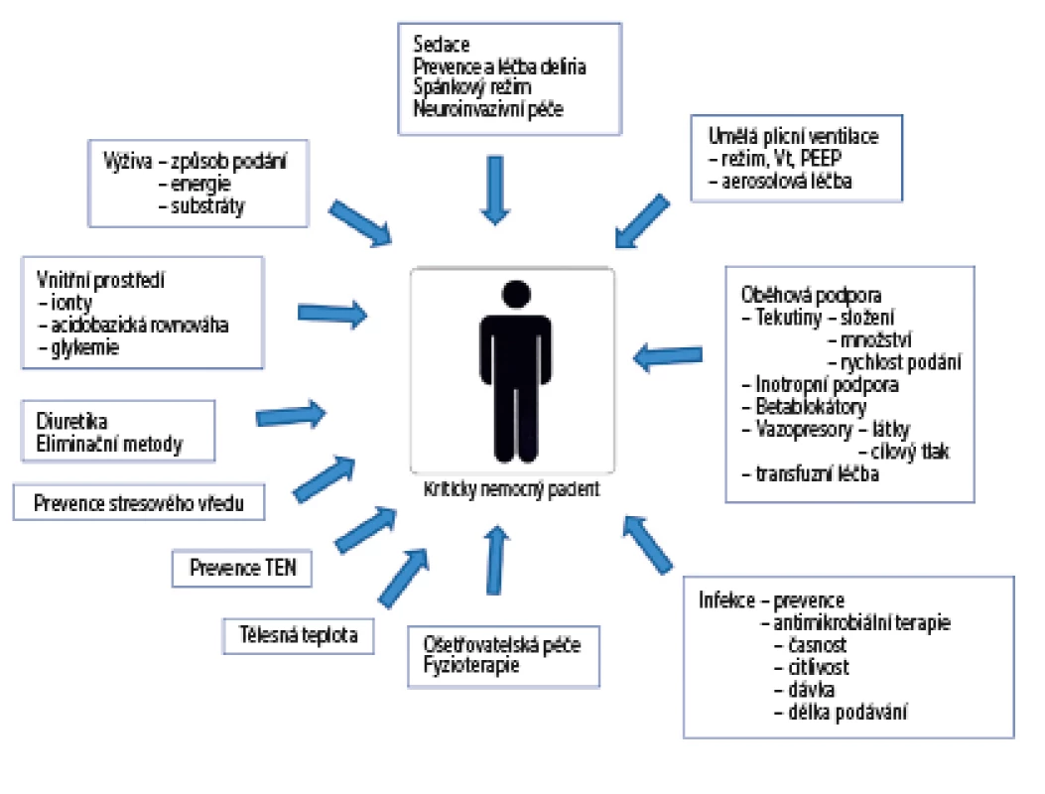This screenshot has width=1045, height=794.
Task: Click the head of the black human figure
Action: pos(516,294)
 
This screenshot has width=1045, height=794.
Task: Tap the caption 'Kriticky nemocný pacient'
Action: pos(512,489)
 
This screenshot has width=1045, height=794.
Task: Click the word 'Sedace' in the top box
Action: pos(442,44)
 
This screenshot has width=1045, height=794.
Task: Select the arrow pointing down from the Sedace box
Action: pos(495,190)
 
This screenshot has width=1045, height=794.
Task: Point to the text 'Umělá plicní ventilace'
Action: pos(793,136)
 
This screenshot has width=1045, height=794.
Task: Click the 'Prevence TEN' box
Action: pos(242,568)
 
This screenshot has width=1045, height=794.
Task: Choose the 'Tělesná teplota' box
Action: pos(298,635)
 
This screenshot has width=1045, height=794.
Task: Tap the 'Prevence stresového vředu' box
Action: pos(139,502)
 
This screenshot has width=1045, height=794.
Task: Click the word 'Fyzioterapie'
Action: pos(471,665)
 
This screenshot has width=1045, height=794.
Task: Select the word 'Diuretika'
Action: pos(71,421)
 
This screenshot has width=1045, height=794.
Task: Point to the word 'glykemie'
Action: pos(84,347)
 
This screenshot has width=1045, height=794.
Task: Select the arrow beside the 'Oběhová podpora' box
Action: pos(668,356)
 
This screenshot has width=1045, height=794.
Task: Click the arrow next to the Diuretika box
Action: pos(291,415)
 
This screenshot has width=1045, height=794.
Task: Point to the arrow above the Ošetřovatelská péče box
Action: pos(495,560)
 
